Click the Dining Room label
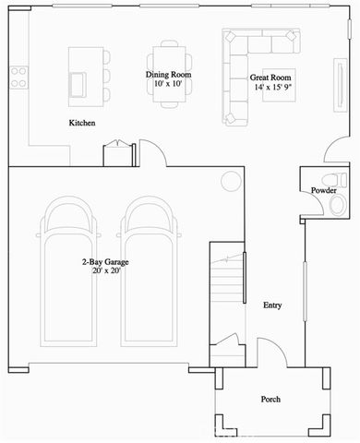tap(168, 74)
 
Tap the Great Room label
tap(270, 78)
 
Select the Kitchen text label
tap(84, 123)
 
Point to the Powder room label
tap(323, 190)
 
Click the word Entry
tap(272, 305)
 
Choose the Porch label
tap(270, 399)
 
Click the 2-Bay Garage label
tap(103, 262)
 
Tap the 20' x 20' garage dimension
tap(103, 273)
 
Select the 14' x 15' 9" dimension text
tap(274, 89)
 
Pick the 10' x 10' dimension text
tap(168, 84)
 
